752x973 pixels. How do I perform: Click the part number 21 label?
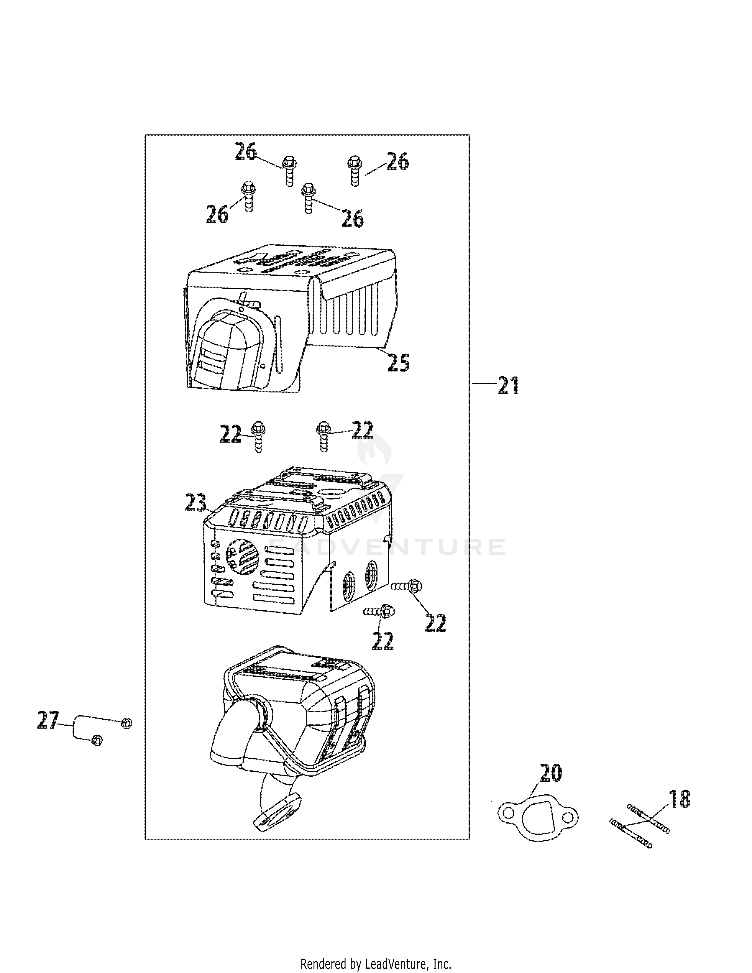[x=508, y=386]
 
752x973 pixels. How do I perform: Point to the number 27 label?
[x=48, y=720]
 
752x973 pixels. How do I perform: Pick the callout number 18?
[x=680, y=799]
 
